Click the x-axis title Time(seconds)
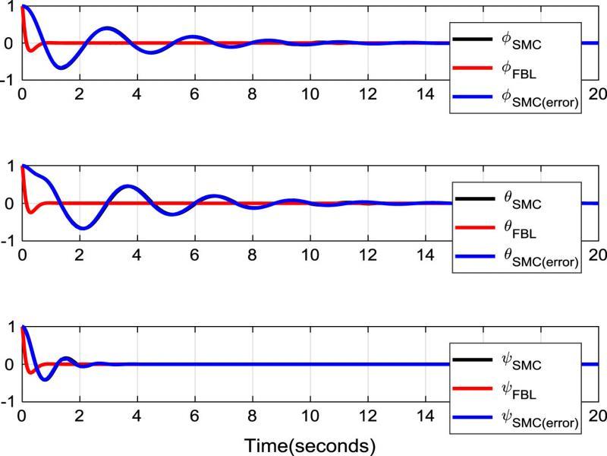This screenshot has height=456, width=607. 310,443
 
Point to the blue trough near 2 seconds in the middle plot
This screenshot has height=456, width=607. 83,229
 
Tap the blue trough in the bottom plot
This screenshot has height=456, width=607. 45,379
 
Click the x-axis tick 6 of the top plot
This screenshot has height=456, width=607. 194,93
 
